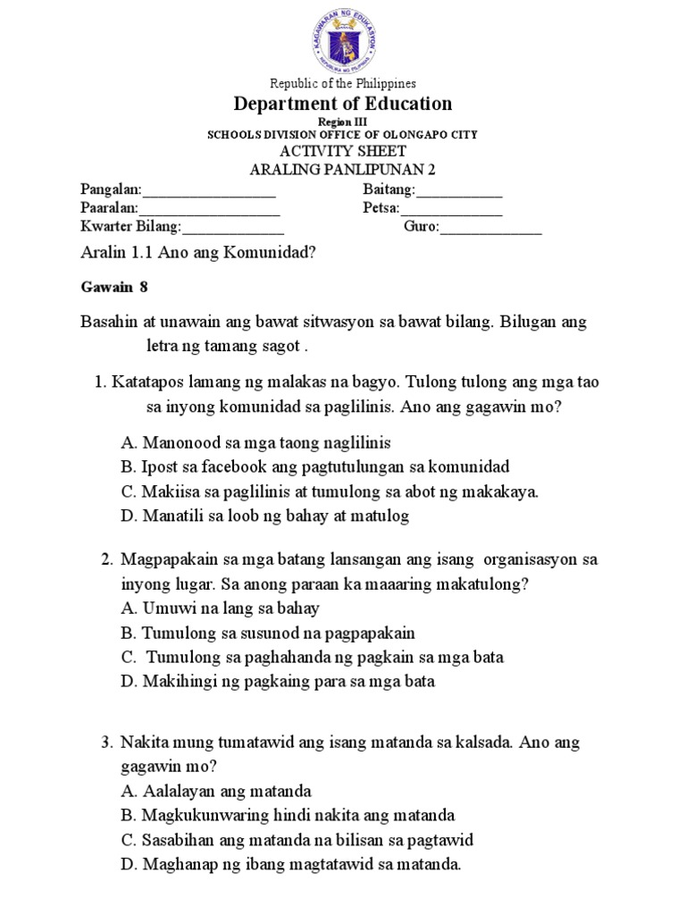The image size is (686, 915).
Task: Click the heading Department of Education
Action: click(x=343, y=104)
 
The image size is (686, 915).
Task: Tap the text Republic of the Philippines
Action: click(x=343, y=83)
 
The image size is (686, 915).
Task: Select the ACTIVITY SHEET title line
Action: click(x=343, y=151)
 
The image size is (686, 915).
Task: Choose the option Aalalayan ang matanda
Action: click(x=215, y=791)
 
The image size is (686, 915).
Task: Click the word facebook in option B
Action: click(x=222, y=466)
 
